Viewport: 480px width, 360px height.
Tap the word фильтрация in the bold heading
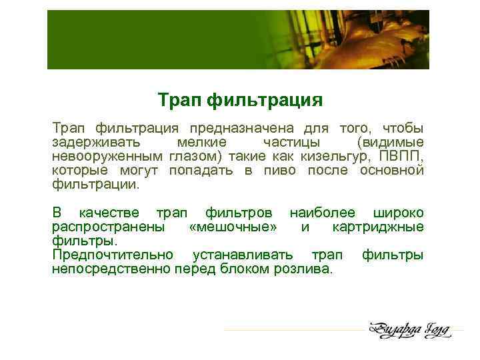265,101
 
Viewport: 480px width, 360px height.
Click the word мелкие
201,143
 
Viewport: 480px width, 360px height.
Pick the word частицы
291,143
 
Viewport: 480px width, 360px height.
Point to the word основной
391,171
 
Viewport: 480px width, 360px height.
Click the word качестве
109,213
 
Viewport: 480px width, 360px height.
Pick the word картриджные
377,227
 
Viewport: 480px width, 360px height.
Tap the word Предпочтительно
113,255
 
